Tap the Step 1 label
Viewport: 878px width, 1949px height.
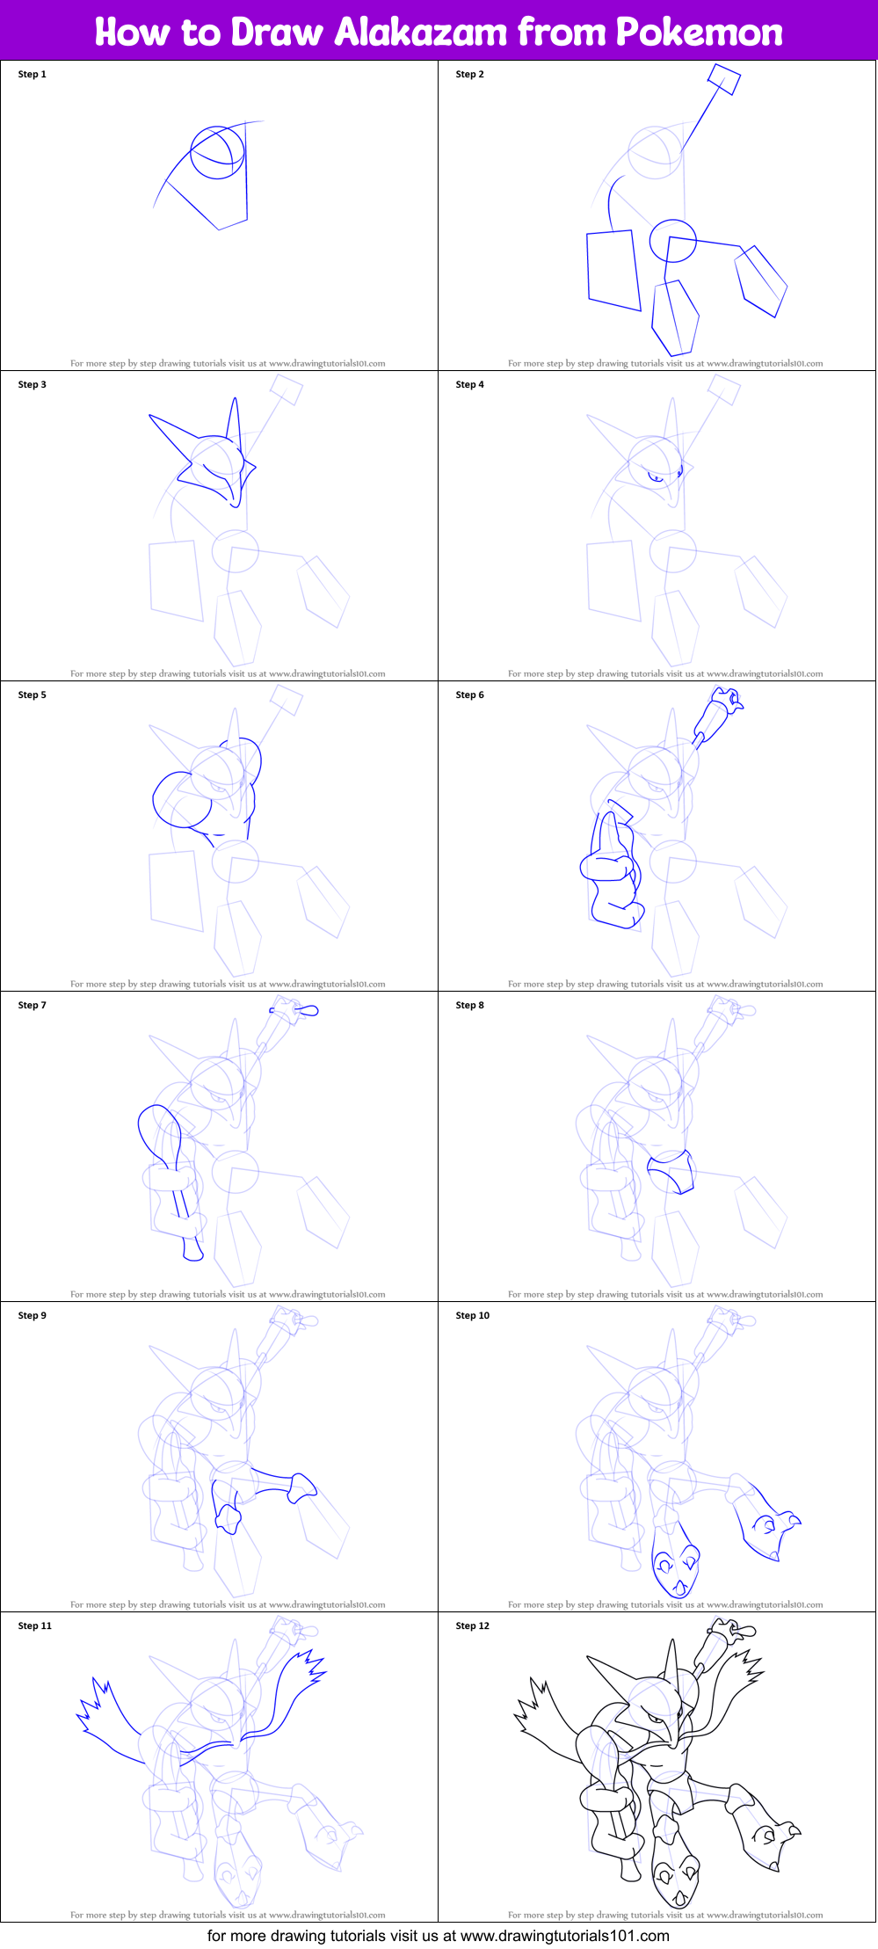click(32, 75)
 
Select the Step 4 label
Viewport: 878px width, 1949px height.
click(469, 385)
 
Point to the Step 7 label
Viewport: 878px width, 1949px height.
click(32, 1006)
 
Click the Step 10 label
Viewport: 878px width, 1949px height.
click(472, 1316)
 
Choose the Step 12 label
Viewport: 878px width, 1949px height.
click(472, 1626)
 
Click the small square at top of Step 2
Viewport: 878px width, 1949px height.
click(724, 79)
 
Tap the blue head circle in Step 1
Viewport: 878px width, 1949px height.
click(217, 152)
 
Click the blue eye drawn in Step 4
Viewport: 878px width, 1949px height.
click(656, 477)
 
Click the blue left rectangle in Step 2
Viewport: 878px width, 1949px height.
click(613, 270)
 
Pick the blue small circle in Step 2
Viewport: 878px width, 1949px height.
click(672, 240)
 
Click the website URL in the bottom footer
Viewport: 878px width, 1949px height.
click(564, 1935)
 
